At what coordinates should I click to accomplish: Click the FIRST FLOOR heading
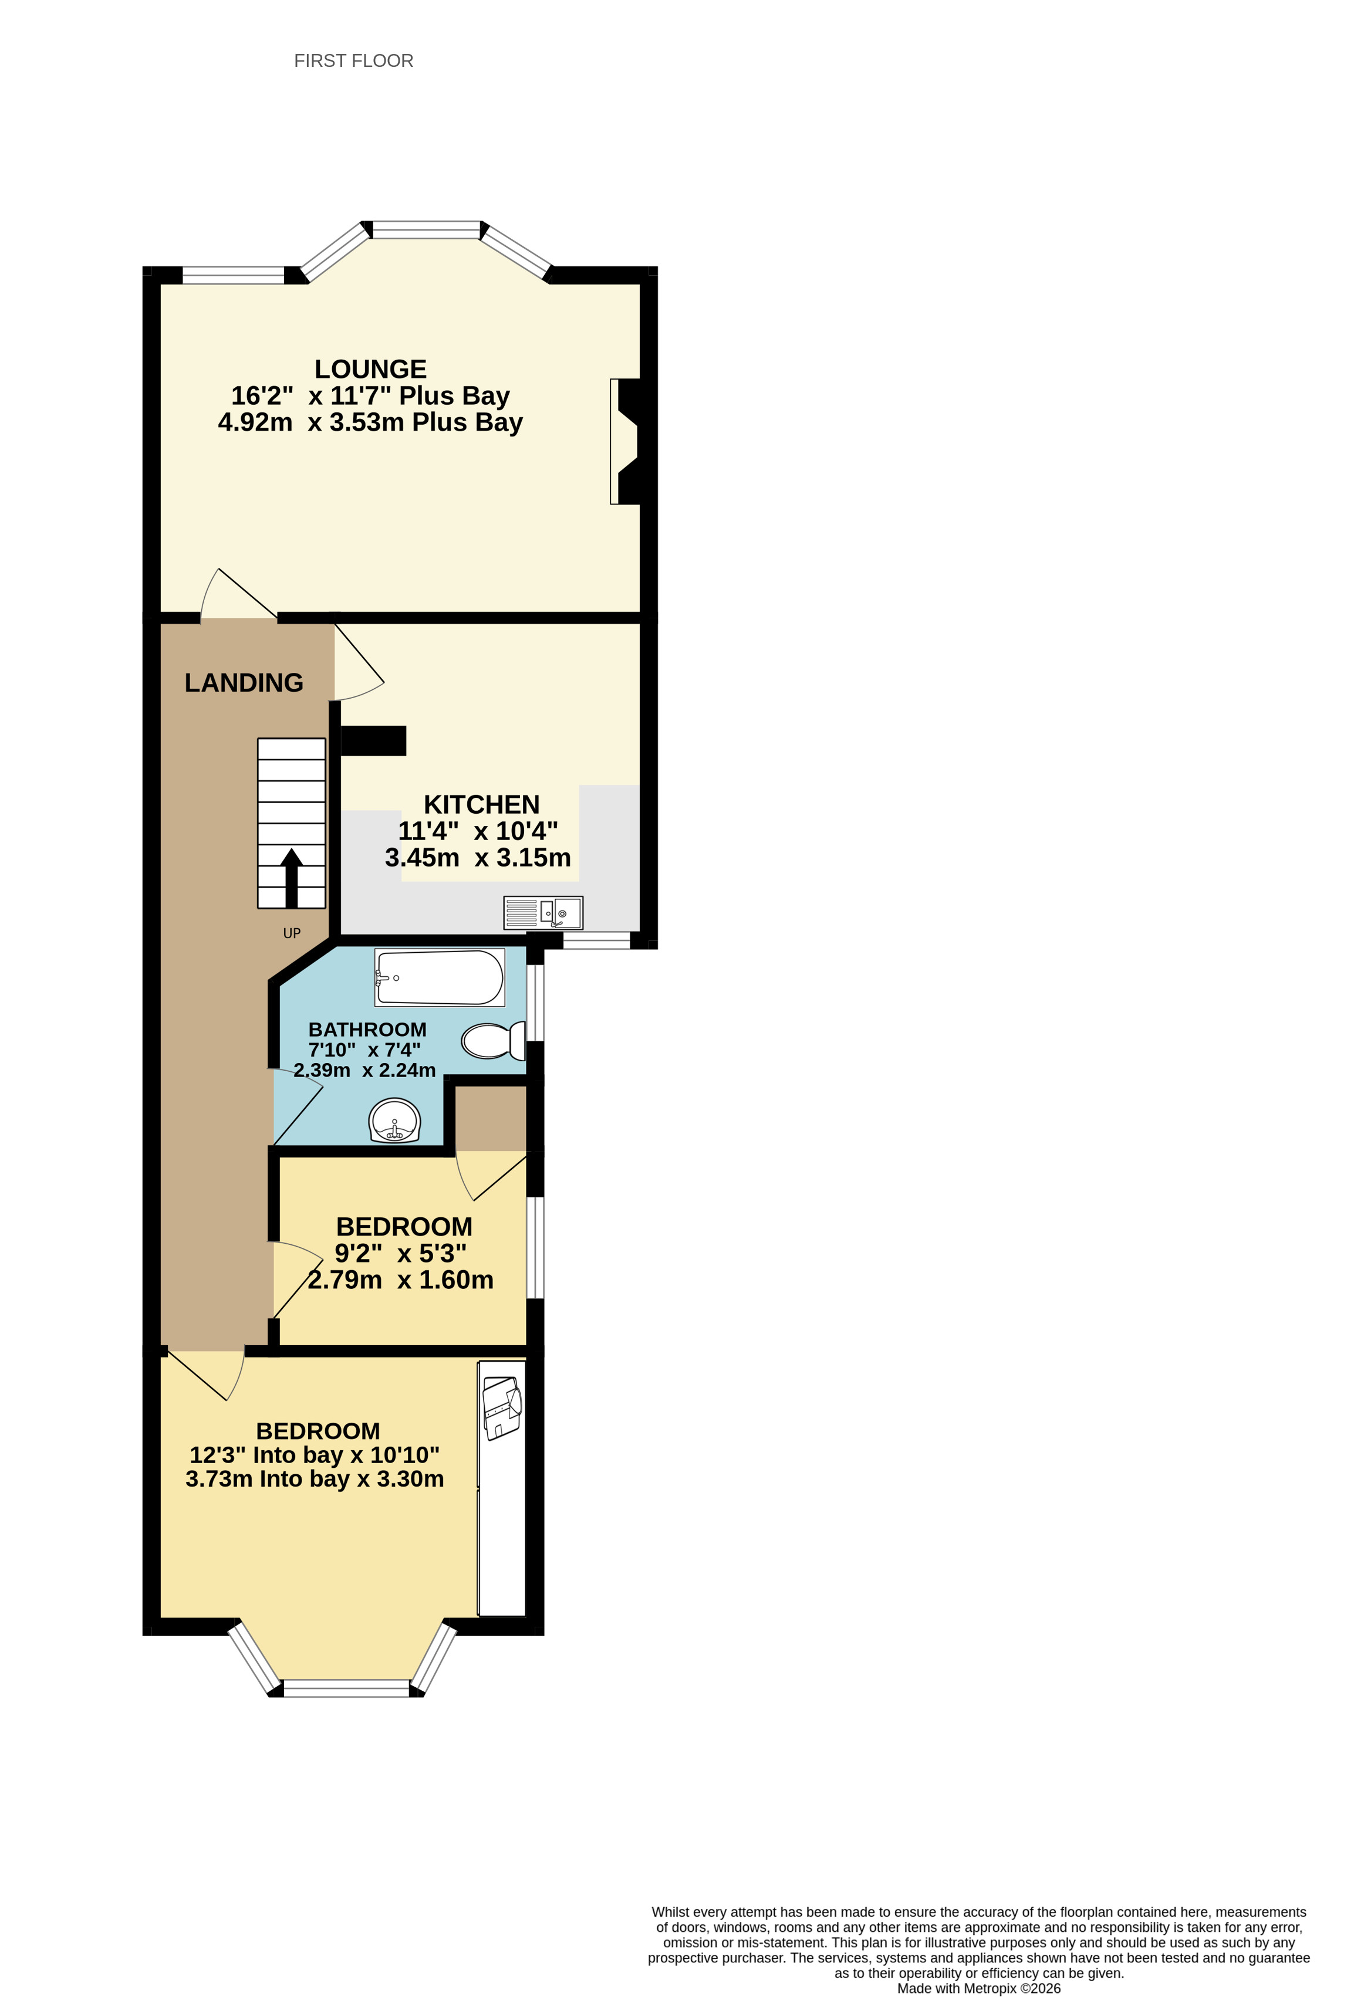tap(353, 61)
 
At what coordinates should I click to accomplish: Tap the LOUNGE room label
tap(370, 370)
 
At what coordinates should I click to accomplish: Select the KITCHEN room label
tap(481, 804)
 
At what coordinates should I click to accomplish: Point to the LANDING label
tap(244, 682)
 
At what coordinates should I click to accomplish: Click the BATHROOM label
tap(367, 1030)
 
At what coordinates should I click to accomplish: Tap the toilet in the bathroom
tap(492, 1041)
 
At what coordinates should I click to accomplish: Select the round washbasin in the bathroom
tap(394, 1121)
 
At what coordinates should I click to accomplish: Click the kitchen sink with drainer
tap(543, 913)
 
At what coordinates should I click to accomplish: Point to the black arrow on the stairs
tap(291, 876)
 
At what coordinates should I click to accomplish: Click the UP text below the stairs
tap(291, 933)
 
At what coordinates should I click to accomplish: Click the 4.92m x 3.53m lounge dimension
tap(370, 423)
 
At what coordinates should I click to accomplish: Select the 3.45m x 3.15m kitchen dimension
tap(478, 858)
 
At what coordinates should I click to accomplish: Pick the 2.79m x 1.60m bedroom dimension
tap(400, 1280)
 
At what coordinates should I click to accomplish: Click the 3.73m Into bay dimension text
tap(315, 1479)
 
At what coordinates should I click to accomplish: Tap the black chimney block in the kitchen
tap(373, 741)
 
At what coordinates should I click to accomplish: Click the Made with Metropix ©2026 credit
tap(978, 1988)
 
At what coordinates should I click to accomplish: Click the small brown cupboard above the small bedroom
tap(490, 1117)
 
